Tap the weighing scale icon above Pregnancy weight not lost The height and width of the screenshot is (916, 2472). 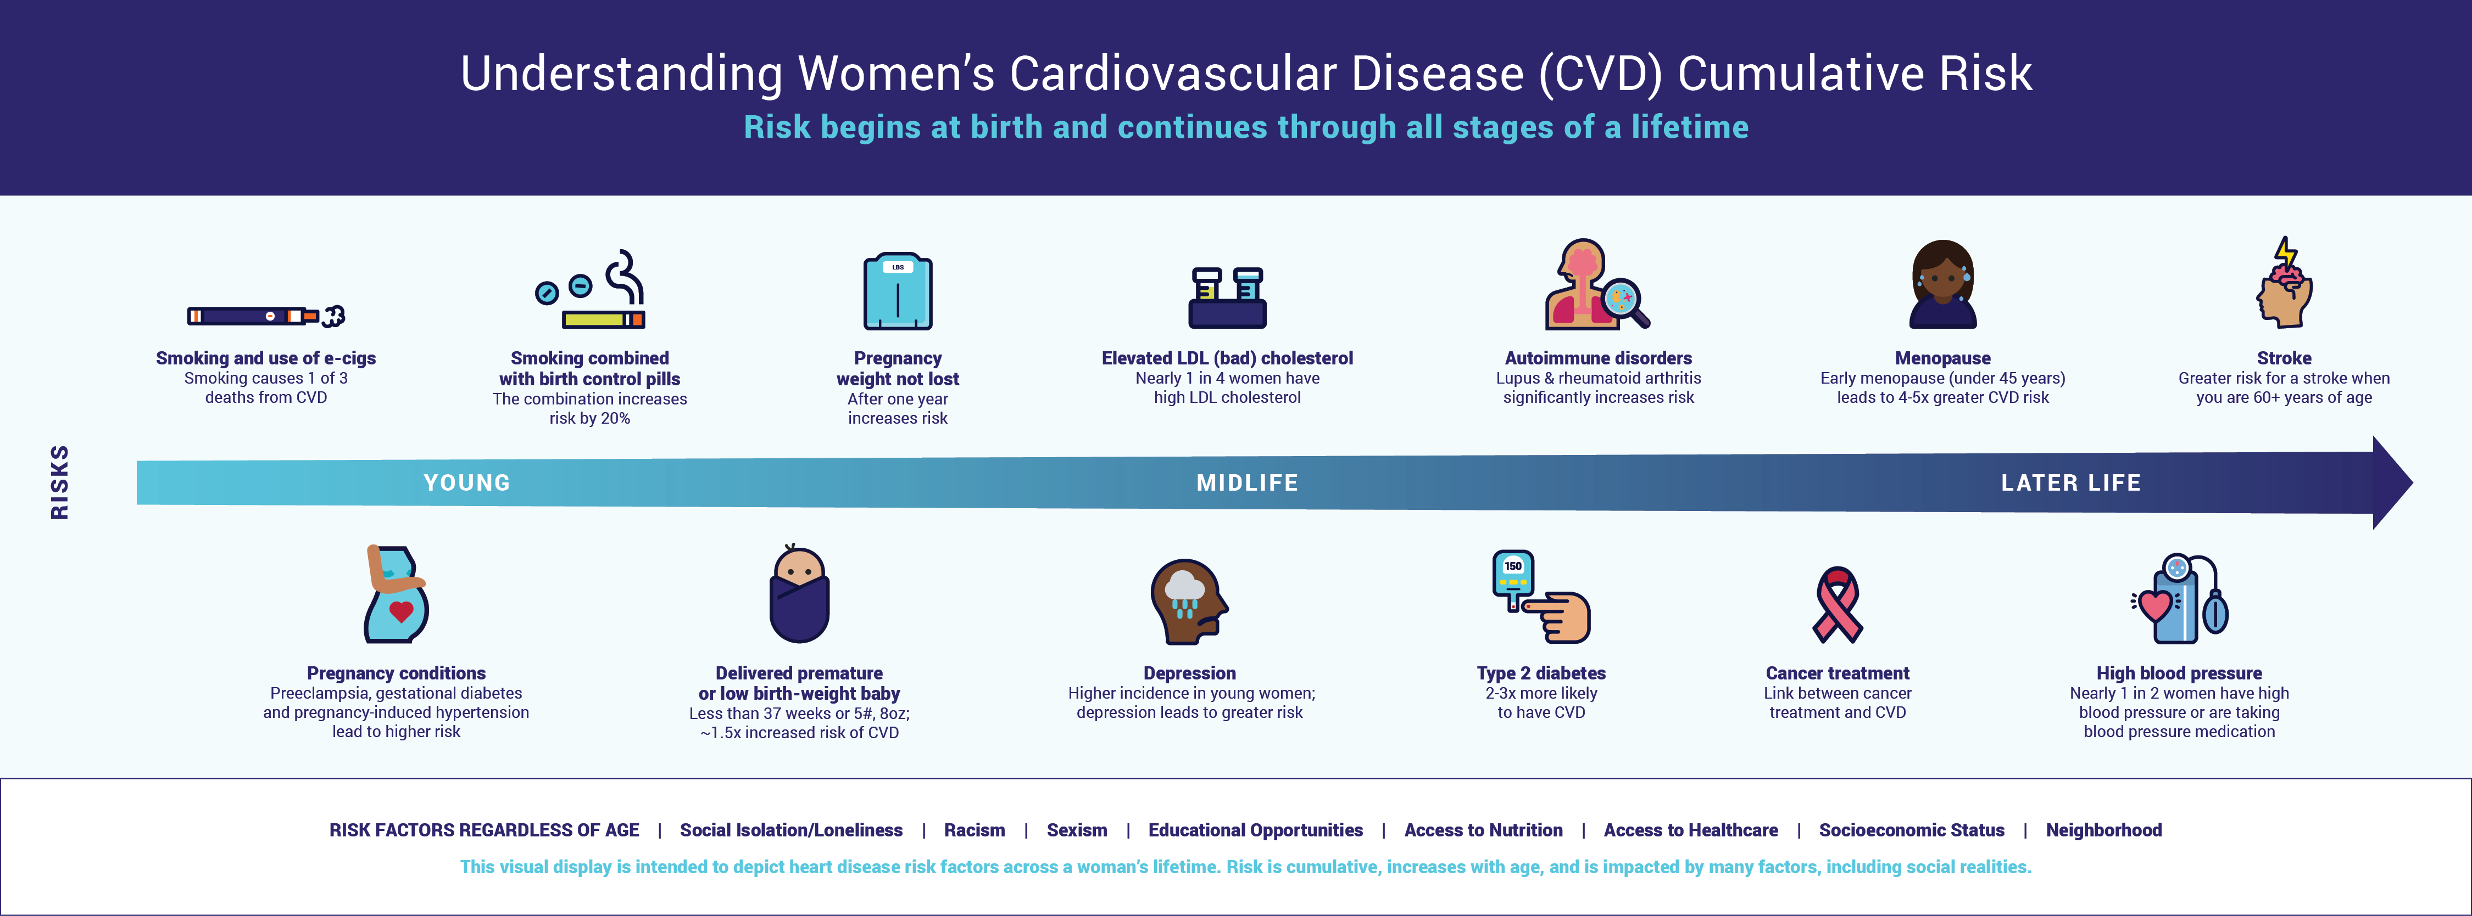coord(897,291)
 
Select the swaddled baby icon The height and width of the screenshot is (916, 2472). coord(799,594)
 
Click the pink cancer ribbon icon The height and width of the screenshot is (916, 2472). coord(1837,604)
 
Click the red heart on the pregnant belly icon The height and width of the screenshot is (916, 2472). coord(401,611)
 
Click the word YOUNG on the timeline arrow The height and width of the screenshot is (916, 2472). coord(467,482)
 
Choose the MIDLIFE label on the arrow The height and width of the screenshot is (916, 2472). coord(1248,482)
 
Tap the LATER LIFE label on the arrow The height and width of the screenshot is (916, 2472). coord(2071,482)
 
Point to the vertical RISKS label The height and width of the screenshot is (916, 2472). coord(59,482)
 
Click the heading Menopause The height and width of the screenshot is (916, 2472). coord(1942,358)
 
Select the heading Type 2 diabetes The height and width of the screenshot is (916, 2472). coord(1541,673)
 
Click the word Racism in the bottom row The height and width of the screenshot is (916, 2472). coord(974,830)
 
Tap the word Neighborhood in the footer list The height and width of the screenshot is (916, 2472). coord(2103,830)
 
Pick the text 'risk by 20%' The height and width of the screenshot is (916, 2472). coord(589,418)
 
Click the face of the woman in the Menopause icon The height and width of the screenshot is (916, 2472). coord(1942,280)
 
